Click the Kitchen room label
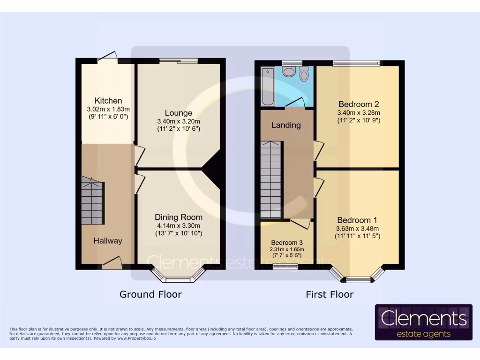pos(108,101)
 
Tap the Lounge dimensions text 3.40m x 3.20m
pos(179,121)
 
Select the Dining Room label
pos(179,217)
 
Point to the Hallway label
pos(107,241)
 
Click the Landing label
pos(286,125)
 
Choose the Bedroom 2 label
pos(359,104)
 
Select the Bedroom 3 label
pos(287,242)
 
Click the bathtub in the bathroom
pos(268,86)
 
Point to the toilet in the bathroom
pos(304,75)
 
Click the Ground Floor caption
pos(150,294)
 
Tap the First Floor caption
pos(330,294)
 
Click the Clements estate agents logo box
pos(423,322)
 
